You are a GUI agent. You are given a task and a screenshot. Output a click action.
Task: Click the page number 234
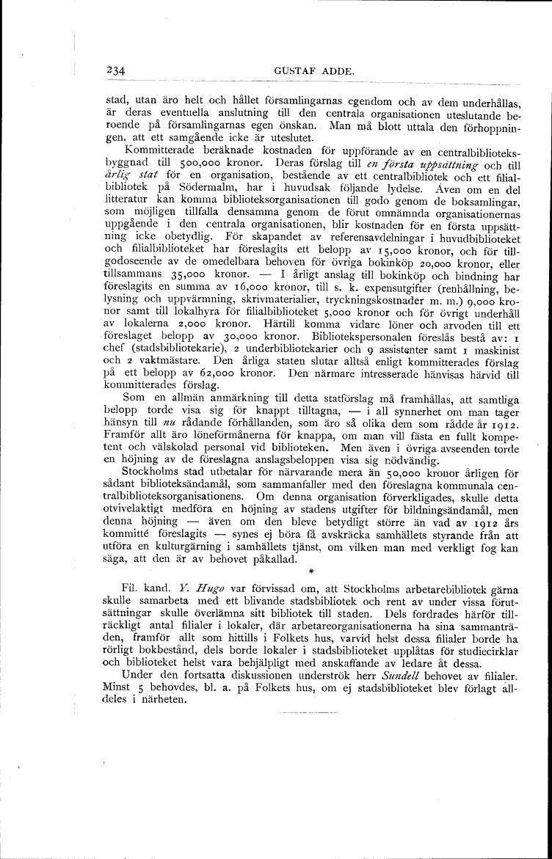[116, 70]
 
